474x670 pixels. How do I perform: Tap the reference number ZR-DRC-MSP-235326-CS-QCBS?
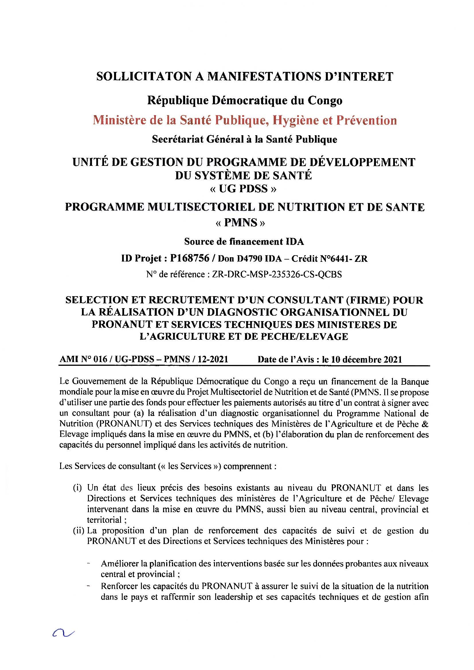coord(277,274)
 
